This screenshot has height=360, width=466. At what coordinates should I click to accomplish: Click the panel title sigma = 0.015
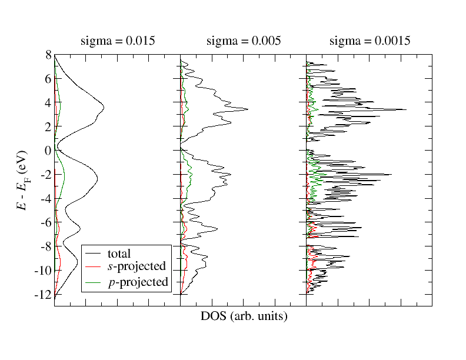tap(117, 41)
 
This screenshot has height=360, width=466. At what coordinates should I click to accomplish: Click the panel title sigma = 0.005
tap(244, 41)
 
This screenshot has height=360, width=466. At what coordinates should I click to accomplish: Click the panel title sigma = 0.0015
tap(370, 41)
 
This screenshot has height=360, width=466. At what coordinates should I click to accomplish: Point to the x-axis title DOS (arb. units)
tap(244, 316)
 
